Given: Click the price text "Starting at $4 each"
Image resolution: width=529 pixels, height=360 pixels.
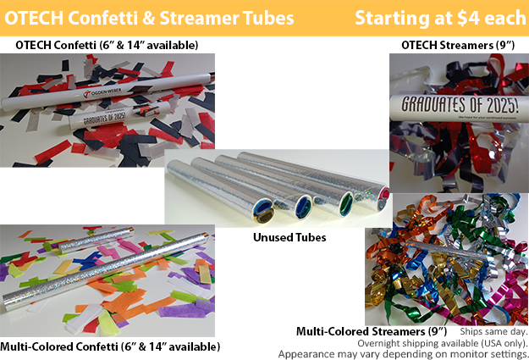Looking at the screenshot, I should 440,18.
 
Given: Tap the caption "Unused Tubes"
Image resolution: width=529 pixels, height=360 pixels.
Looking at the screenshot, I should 290,238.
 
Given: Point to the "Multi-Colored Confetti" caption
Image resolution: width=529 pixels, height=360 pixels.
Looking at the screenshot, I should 110,346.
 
